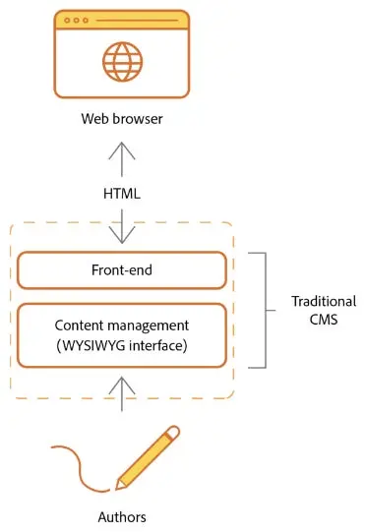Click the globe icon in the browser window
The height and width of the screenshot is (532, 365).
click(x=122, y=61)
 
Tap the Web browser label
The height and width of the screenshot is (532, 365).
click(x=123, y=120)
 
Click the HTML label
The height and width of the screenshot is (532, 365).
click(x=123, y=194)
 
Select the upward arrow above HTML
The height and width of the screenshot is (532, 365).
click(x=123, y=157)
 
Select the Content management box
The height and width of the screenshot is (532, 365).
click(x=123, y=334)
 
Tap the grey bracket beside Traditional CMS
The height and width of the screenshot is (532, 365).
click(x=264, y=309)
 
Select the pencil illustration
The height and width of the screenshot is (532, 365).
click(x=148, y=457)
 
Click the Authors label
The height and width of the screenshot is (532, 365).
click(x=123, y=515)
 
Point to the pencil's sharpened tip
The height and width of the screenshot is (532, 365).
click(x=118, y=486)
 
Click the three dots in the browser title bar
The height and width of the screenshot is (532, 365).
click(x=75, y=20)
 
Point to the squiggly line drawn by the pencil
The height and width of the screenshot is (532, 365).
click(x=74, y=462)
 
